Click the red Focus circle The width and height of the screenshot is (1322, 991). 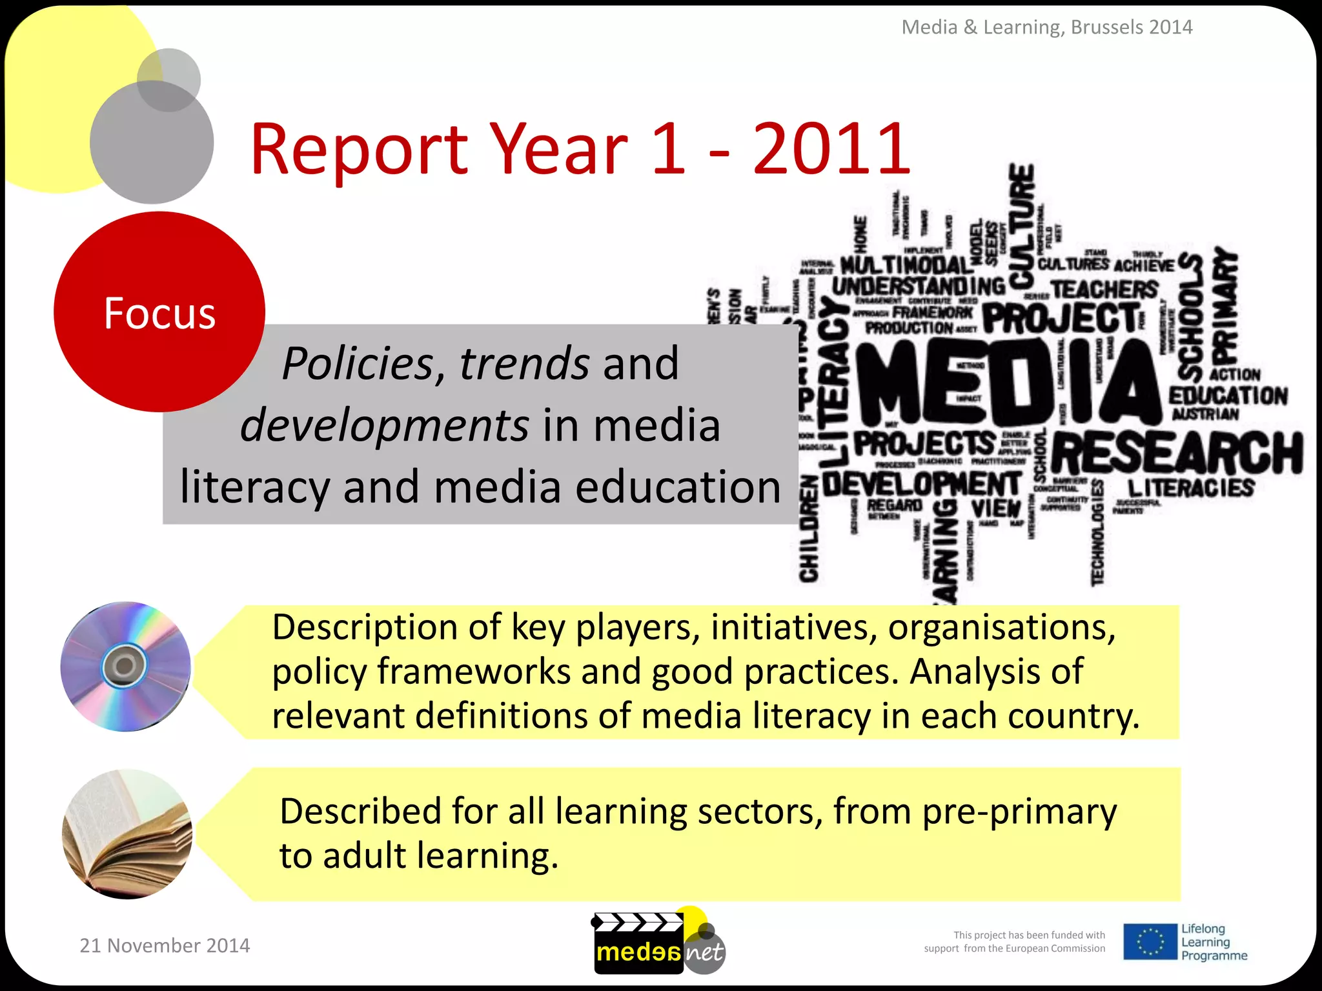[159, 312]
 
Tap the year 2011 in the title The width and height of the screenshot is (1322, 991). [831, 149]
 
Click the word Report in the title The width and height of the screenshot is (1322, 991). [359, 149]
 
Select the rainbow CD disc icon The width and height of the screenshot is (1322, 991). [126, 666]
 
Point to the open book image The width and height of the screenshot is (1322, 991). [127, 834]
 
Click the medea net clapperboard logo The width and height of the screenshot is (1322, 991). [658, 943]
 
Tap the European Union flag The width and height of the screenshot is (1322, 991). [1149, 941]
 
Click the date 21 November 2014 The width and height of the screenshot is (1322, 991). [165, 945]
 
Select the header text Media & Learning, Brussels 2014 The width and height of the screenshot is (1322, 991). [1046, 27]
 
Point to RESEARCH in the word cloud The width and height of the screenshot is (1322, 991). [1178, 452]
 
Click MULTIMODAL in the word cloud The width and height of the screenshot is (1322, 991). [905, 265]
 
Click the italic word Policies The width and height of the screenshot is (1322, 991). [358, 364]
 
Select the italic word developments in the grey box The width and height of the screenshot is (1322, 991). [385, 426]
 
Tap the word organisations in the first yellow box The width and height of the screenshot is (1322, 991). [1001, 627]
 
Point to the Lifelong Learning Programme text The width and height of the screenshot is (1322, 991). [1214, 942]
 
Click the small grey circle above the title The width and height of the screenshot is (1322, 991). [169, 79]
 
